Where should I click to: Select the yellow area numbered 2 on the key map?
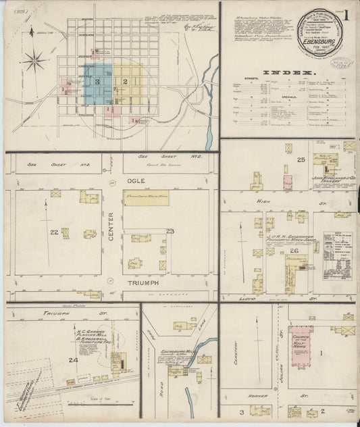[126, 82]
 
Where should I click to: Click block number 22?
[53, 232]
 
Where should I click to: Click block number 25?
[300, 159]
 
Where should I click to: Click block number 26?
[294, 251]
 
